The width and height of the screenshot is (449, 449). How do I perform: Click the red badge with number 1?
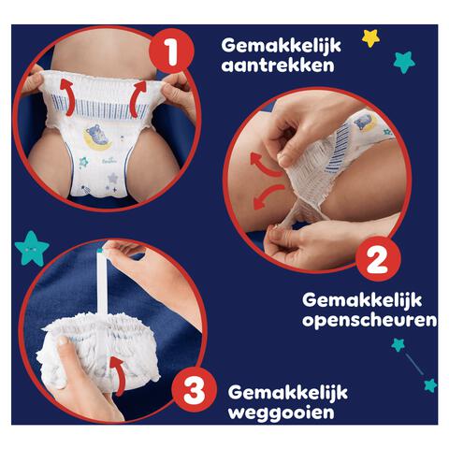[x=171, y=52]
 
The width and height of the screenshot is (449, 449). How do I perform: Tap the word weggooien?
[x=270, y=413]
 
